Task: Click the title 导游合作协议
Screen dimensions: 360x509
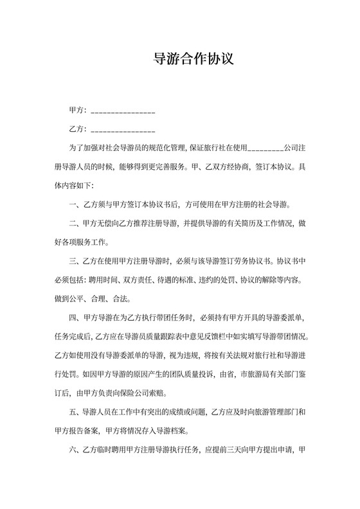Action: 193,60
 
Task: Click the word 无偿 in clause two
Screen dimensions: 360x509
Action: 105,224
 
